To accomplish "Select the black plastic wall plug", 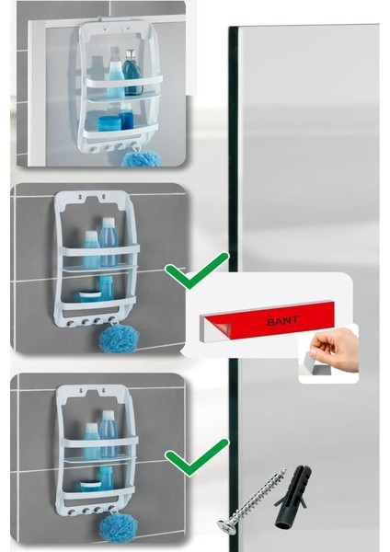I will tap(292, 497).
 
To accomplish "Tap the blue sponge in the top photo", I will tap(141, 158).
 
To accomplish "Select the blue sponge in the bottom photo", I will tap(119, 525).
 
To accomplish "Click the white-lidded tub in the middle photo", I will tap(90, 294).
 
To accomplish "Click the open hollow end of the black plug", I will tap(281, 525).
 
